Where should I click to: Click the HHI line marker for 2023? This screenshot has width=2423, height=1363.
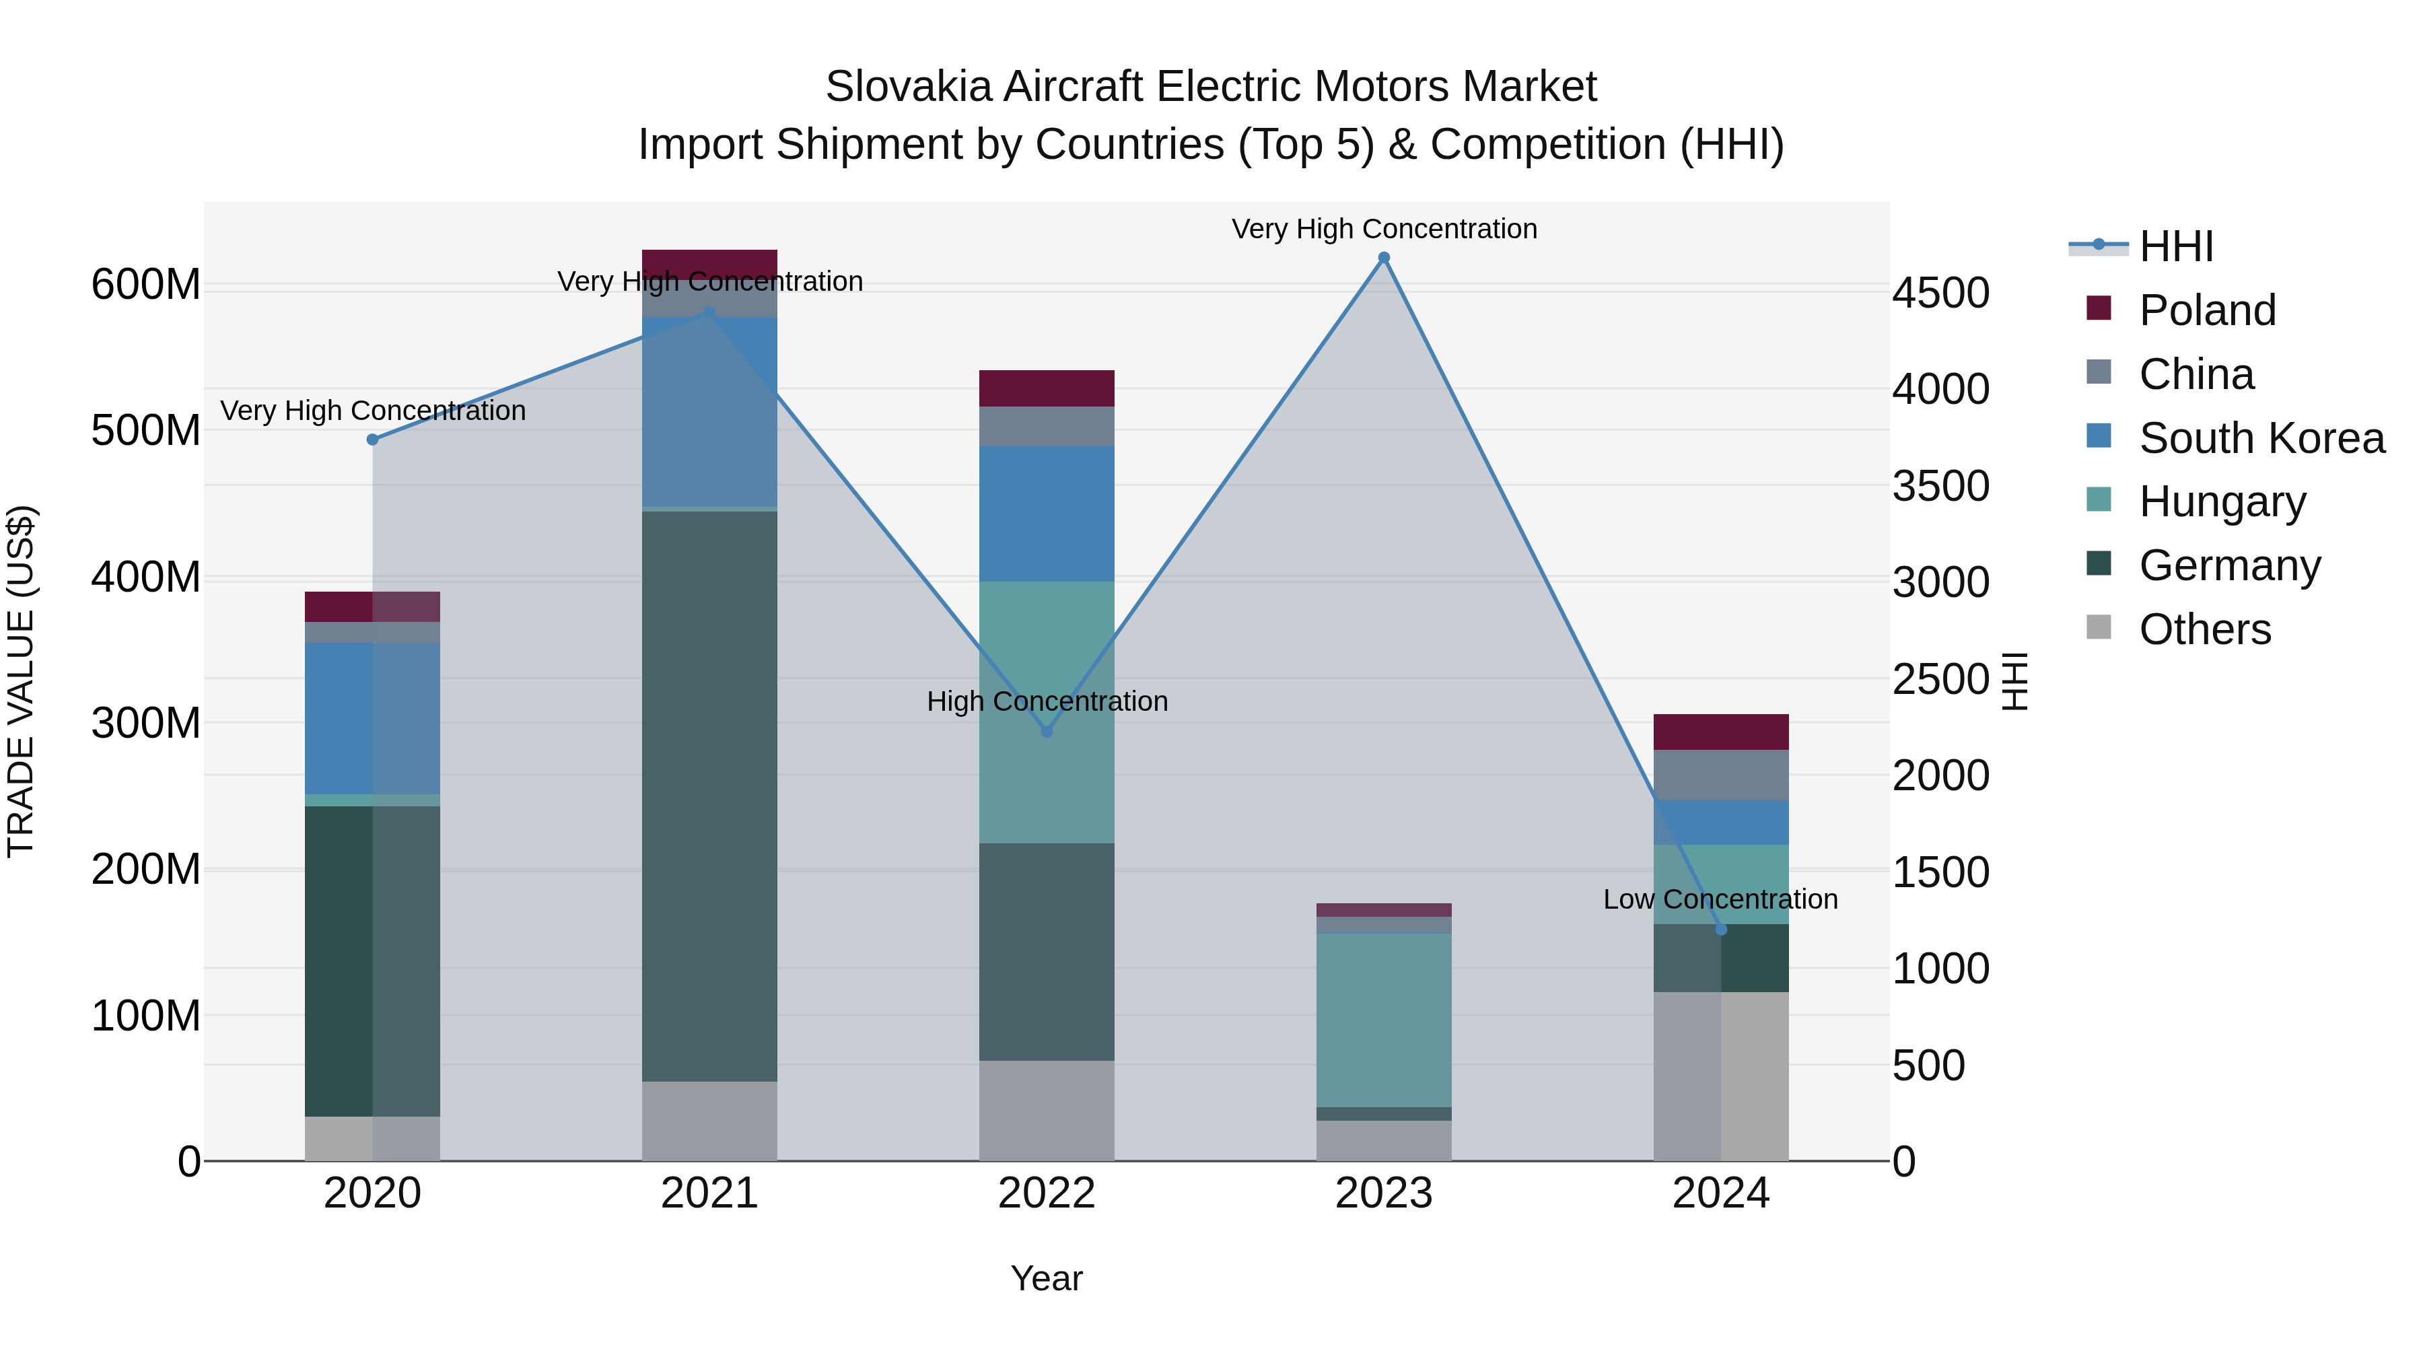click(1384, 258)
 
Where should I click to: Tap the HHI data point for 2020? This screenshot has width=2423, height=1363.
click(372, 440)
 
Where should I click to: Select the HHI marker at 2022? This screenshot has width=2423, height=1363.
click(1047, 731)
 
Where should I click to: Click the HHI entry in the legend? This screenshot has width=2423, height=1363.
click(2175, 246)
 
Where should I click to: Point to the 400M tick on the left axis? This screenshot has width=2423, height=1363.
click(146, 577)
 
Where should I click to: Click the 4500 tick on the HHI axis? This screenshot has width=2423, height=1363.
click(1940, 293)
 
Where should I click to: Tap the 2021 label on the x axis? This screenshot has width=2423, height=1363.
click(709, 1193)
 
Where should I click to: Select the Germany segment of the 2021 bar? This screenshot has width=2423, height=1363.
click(709, 796)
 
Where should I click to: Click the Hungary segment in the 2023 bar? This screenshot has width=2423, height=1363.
click(1384, 1020)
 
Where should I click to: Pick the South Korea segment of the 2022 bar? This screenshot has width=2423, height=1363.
click(1047, 514)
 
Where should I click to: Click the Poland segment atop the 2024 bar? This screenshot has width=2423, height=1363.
click(1720, 732)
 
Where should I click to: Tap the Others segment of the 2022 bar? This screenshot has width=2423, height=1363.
click(1047, 1110)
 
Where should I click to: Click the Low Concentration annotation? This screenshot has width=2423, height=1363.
click(1720, 899)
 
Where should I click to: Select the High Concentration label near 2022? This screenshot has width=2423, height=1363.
click(1047, 702)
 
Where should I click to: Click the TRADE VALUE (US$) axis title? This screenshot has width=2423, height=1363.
click(21, 681)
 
